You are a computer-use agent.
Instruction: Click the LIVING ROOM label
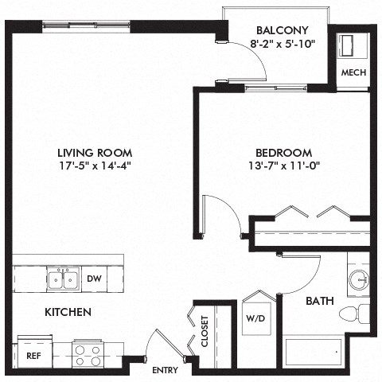click(x=94, y=153)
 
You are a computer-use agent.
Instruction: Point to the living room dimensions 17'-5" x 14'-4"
click(x=94, y=167)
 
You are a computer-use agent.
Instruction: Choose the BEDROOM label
click(x=283, y=153)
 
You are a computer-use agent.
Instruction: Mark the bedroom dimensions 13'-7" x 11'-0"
click(x=283, y=167)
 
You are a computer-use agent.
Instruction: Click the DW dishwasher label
click(x=93, y=279)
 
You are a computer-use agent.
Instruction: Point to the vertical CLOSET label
click(x=205, y=330)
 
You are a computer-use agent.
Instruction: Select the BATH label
click(x=320, y=302)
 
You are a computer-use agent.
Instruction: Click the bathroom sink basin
click(x=359, y=279)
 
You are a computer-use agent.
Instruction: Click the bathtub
click(x=314, y=351)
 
